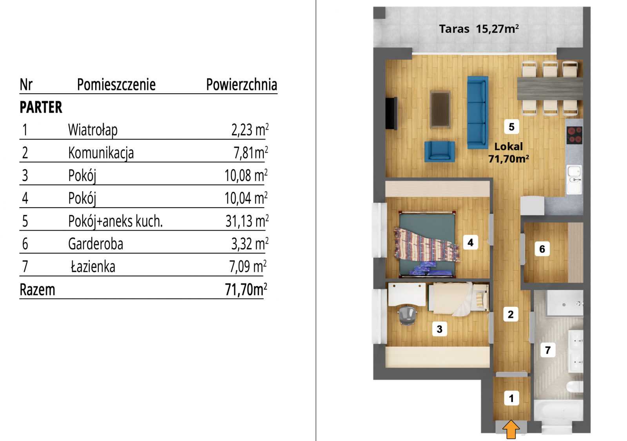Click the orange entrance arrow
tap(511, 429)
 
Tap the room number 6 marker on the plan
tap(542, 249)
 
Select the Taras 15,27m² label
tap(479, 29)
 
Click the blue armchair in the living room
tap(439, 152)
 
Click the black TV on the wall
tap(391, 113)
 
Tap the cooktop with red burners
tap(574, 135)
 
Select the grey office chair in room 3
tap(407, 315)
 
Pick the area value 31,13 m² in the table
tap(247, 221)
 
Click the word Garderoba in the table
tap(96, 244)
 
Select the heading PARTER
tap(41, 107)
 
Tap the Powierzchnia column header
tap(242, 85)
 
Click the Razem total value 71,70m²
tap(246, 289)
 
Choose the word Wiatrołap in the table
tap(93, 130)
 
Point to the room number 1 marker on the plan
tap(511, 398)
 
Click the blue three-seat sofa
tap(478, 112)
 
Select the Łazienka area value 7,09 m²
tap(248, 266)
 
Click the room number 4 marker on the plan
tap(471, 242)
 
